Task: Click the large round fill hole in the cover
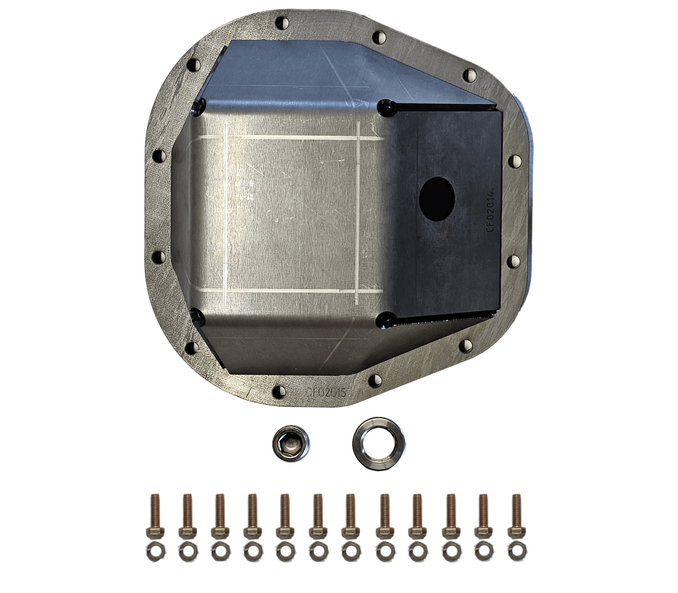(x=436, y=198)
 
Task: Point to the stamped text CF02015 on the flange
(x=326, y=392)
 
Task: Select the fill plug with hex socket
(x=291, y=443)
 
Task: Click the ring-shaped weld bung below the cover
(x=378, y=443)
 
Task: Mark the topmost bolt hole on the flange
(x=281, y=23)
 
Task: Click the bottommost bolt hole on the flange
(x=279, y=392)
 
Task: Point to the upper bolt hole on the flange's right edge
(x=514, y=161)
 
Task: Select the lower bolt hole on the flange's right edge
(x=514, y=261)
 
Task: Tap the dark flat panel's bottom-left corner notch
(x=386, y=320)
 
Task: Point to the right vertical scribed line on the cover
(x=357, y=213)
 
